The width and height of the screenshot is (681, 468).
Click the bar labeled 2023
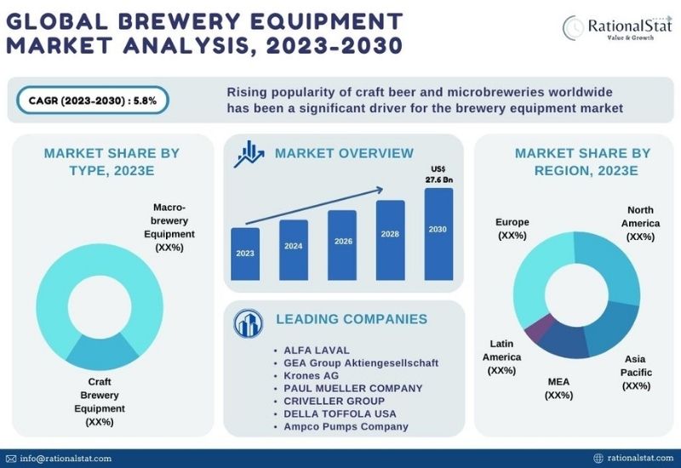pyautogui.click(x=245, y=254)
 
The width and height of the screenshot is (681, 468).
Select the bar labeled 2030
pyautogui.click(x=438, y=234)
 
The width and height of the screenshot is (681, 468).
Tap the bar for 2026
pyautogui.click(x=342, y=245)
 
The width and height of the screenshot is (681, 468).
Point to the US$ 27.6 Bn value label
pyautogui.click(x=438, y=174)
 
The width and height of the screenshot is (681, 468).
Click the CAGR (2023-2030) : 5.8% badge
pyautogui.click(x=93, y=100)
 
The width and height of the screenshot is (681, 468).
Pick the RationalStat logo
pyautogui.click(x=616, y=28)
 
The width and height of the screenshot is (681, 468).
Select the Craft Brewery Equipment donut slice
pyautogui.click(x=102, y=352)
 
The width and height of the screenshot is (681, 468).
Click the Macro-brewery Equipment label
pyautogui.click(x=169, y=227)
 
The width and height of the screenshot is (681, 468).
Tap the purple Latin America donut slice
pyautogui.click(x=540, y=328)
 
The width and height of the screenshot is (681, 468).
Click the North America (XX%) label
pyautogui.click(x=640, y=223)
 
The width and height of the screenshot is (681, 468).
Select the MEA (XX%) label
pyautogui.click(x=558, y=388)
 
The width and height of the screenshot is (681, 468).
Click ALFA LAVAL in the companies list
pyautogui.click(x=316, y=350)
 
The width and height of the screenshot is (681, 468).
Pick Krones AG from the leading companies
pyautogui.click(x=311, y=375)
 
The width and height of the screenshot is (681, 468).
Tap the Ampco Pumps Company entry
pyautogui.click(x=346, y=426)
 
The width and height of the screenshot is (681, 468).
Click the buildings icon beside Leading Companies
pyautogui.click(x=248, y=323)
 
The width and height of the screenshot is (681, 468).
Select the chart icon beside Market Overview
pyautogui.click(x=249, y=154)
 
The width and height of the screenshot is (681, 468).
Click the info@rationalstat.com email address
pyautogui.click(x=66, y=459)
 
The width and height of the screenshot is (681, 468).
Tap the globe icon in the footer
pyautogui.click(x=598, y=458)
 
